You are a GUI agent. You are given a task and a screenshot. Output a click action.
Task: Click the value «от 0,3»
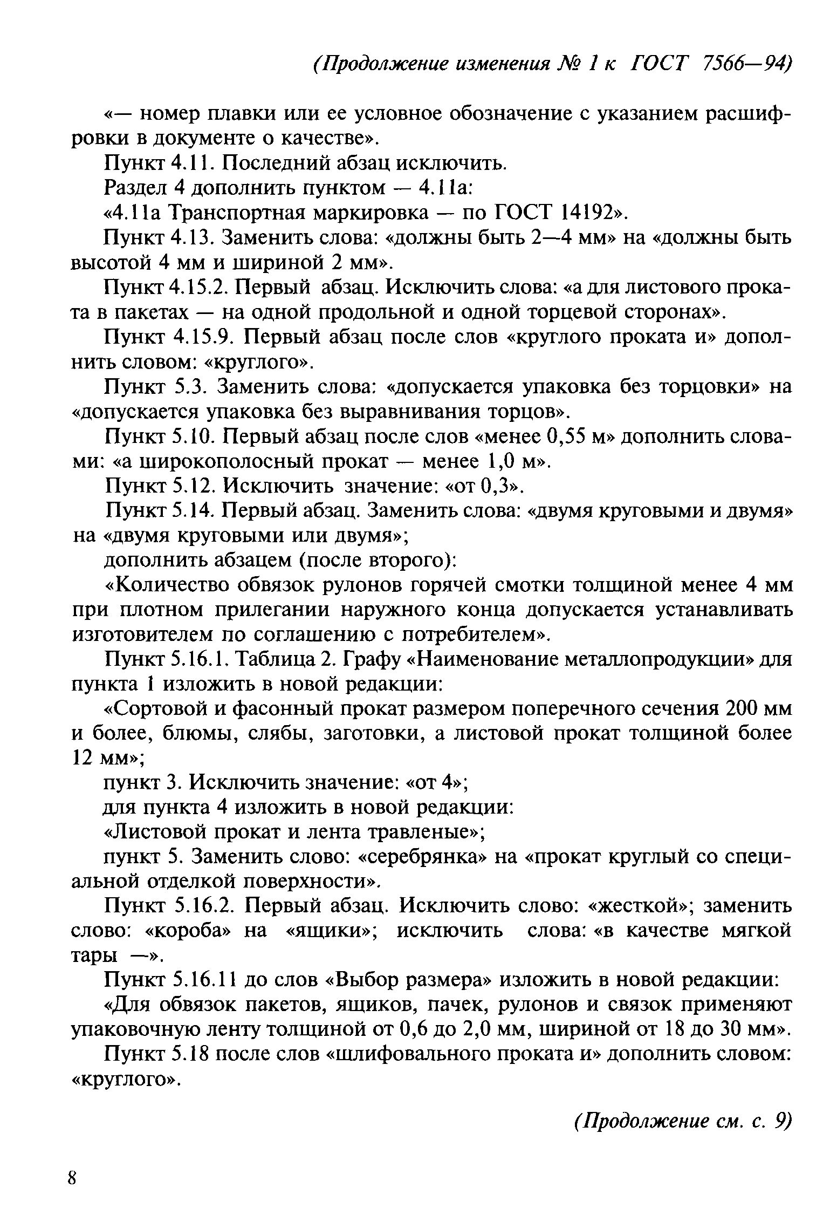tap(484, 487)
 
